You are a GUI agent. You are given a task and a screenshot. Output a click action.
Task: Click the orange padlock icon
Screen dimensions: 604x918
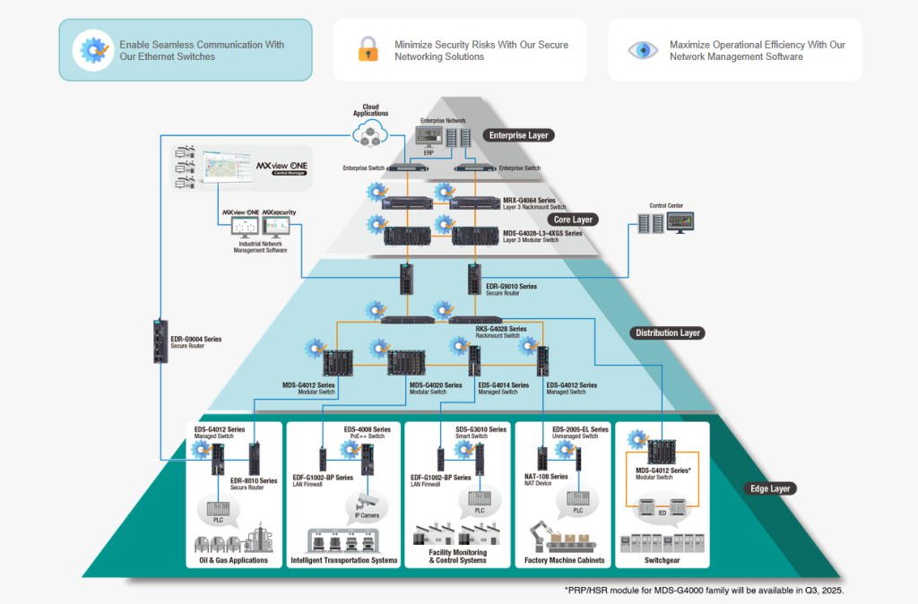pyautogui.click(x=368, y=49)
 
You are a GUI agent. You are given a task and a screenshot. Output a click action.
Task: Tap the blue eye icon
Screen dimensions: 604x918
pyautogui.click(x=641, y=49)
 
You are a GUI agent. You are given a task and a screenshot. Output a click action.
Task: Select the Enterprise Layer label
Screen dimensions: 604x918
pyautogui.click(x=517, y=135)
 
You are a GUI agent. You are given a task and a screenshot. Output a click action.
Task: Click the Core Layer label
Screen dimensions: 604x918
pyautogui.click(x=571, y=220)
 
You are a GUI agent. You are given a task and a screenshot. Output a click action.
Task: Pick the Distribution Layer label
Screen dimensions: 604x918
pyautogui.click(x=668, y=332)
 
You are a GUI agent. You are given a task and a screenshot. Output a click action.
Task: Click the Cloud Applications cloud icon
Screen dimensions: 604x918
pyautogui.click(x=370, y=134)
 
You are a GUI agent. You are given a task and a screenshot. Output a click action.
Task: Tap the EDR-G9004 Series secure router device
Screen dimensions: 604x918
pyautogui.click(x=160, y=341)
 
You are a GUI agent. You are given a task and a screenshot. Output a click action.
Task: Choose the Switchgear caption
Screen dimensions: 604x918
pyautogui.click(x=663, y=560)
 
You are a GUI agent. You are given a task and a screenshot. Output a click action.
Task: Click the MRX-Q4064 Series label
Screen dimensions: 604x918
pyautogui.click(x=531, y=199)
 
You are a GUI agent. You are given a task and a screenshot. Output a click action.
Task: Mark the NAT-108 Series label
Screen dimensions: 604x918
pyautogui.click(x=546, y=476)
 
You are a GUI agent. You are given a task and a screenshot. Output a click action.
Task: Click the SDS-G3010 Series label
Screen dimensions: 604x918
pyautogui.click(x=481, y=428)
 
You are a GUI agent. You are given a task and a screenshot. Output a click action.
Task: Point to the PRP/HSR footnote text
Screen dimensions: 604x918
pyautogui.click(x=704, y=591)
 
